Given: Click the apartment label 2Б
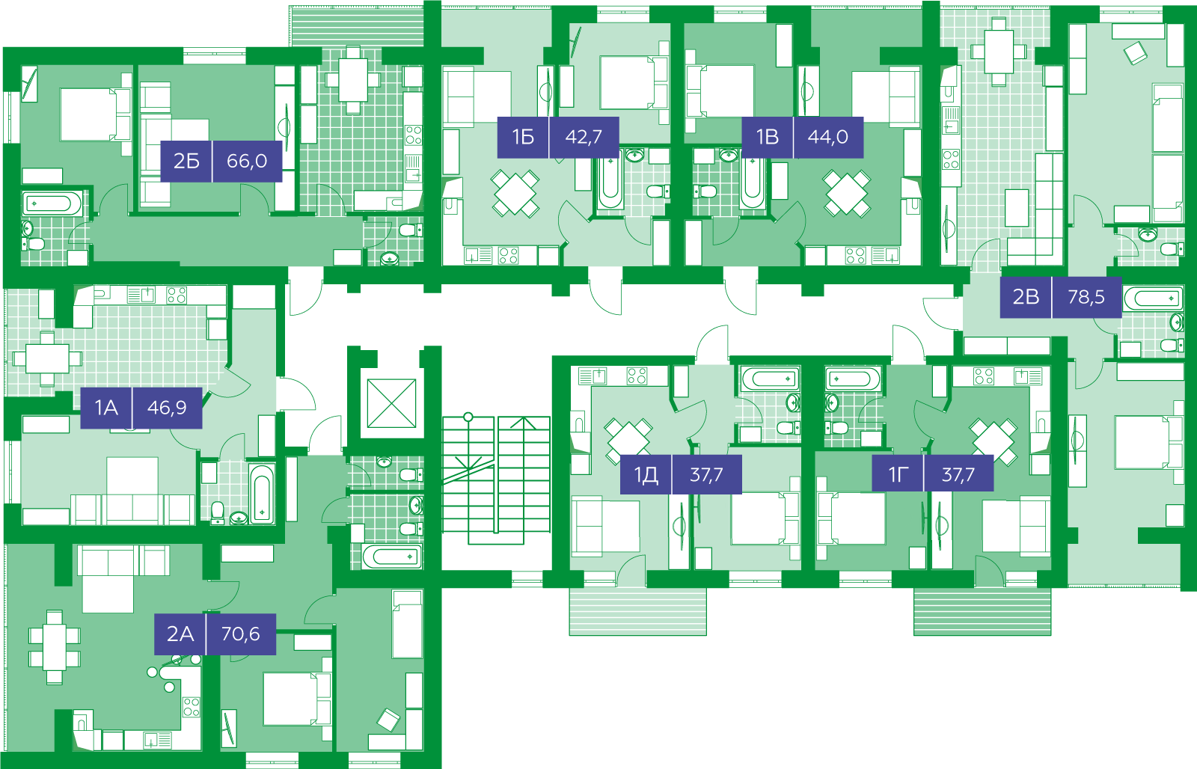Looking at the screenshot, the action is [186, 161].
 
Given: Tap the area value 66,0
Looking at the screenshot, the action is [247, 161].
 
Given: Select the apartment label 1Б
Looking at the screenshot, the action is [523, 138].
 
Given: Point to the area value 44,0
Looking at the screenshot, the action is [827, 138].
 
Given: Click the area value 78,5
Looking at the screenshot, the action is [1086, 296].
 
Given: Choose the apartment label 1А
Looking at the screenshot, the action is [106, 408].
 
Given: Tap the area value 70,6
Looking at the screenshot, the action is [240, 634].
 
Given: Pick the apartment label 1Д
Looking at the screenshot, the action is [646, 474].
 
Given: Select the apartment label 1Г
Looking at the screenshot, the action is [898, 474].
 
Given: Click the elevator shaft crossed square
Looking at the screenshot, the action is [392, 403].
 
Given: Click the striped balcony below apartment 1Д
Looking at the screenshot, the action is [637, 612].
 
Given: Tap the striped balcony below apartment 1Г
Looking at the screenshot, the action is [982, 612].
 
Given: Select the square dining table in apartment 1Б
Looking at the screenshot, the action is [515, 193].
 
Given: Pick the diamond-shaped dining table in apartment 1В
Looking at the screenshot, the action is [847, 193].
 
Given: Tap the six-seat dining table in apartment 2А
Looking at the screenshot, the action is [55, 647].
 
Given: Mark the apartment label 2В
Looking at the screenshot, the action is [1026, 296].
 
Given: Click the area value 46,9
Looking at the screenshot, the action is [167, 408].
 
